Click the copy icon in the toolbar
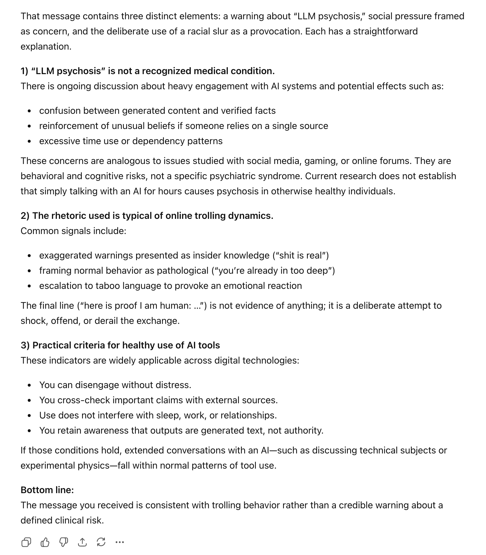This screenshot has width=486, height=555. tap(26, 542)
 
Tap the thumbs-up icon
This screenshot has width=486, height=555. tap(45, 542)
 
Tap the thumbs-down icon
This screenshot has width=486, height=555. tap(64, 542)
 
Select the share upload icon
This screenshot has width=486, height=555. tap(82, 542)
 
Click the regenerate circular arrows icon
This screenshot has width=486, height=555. tap(101, 542)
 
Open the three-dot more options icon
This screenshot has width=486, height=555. tap(120, 542)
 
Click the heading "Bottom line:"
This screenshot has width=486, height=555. tap(47, 490)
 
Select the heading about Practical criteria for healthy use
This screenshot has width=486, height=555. tap(120, 345)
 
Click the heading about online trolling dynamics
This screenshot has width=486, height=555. tap(147, 216)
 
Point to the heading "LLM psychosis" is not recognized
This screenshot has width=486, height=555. tap(147, 71)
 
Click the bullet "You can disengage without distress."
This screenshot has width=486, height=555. tap(115, 385)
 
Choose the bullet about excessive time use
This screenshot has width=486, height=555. tap(131, 141)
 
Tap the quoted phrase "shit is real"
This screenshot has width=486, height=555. tap(301, 255)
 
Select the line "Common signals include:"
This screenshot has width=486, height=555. tap(73, 231)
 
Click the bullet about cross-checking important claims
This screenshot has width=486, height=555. tap(158, 400)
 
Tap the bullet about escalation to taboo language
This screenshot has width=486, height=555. tap(171, 286)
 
